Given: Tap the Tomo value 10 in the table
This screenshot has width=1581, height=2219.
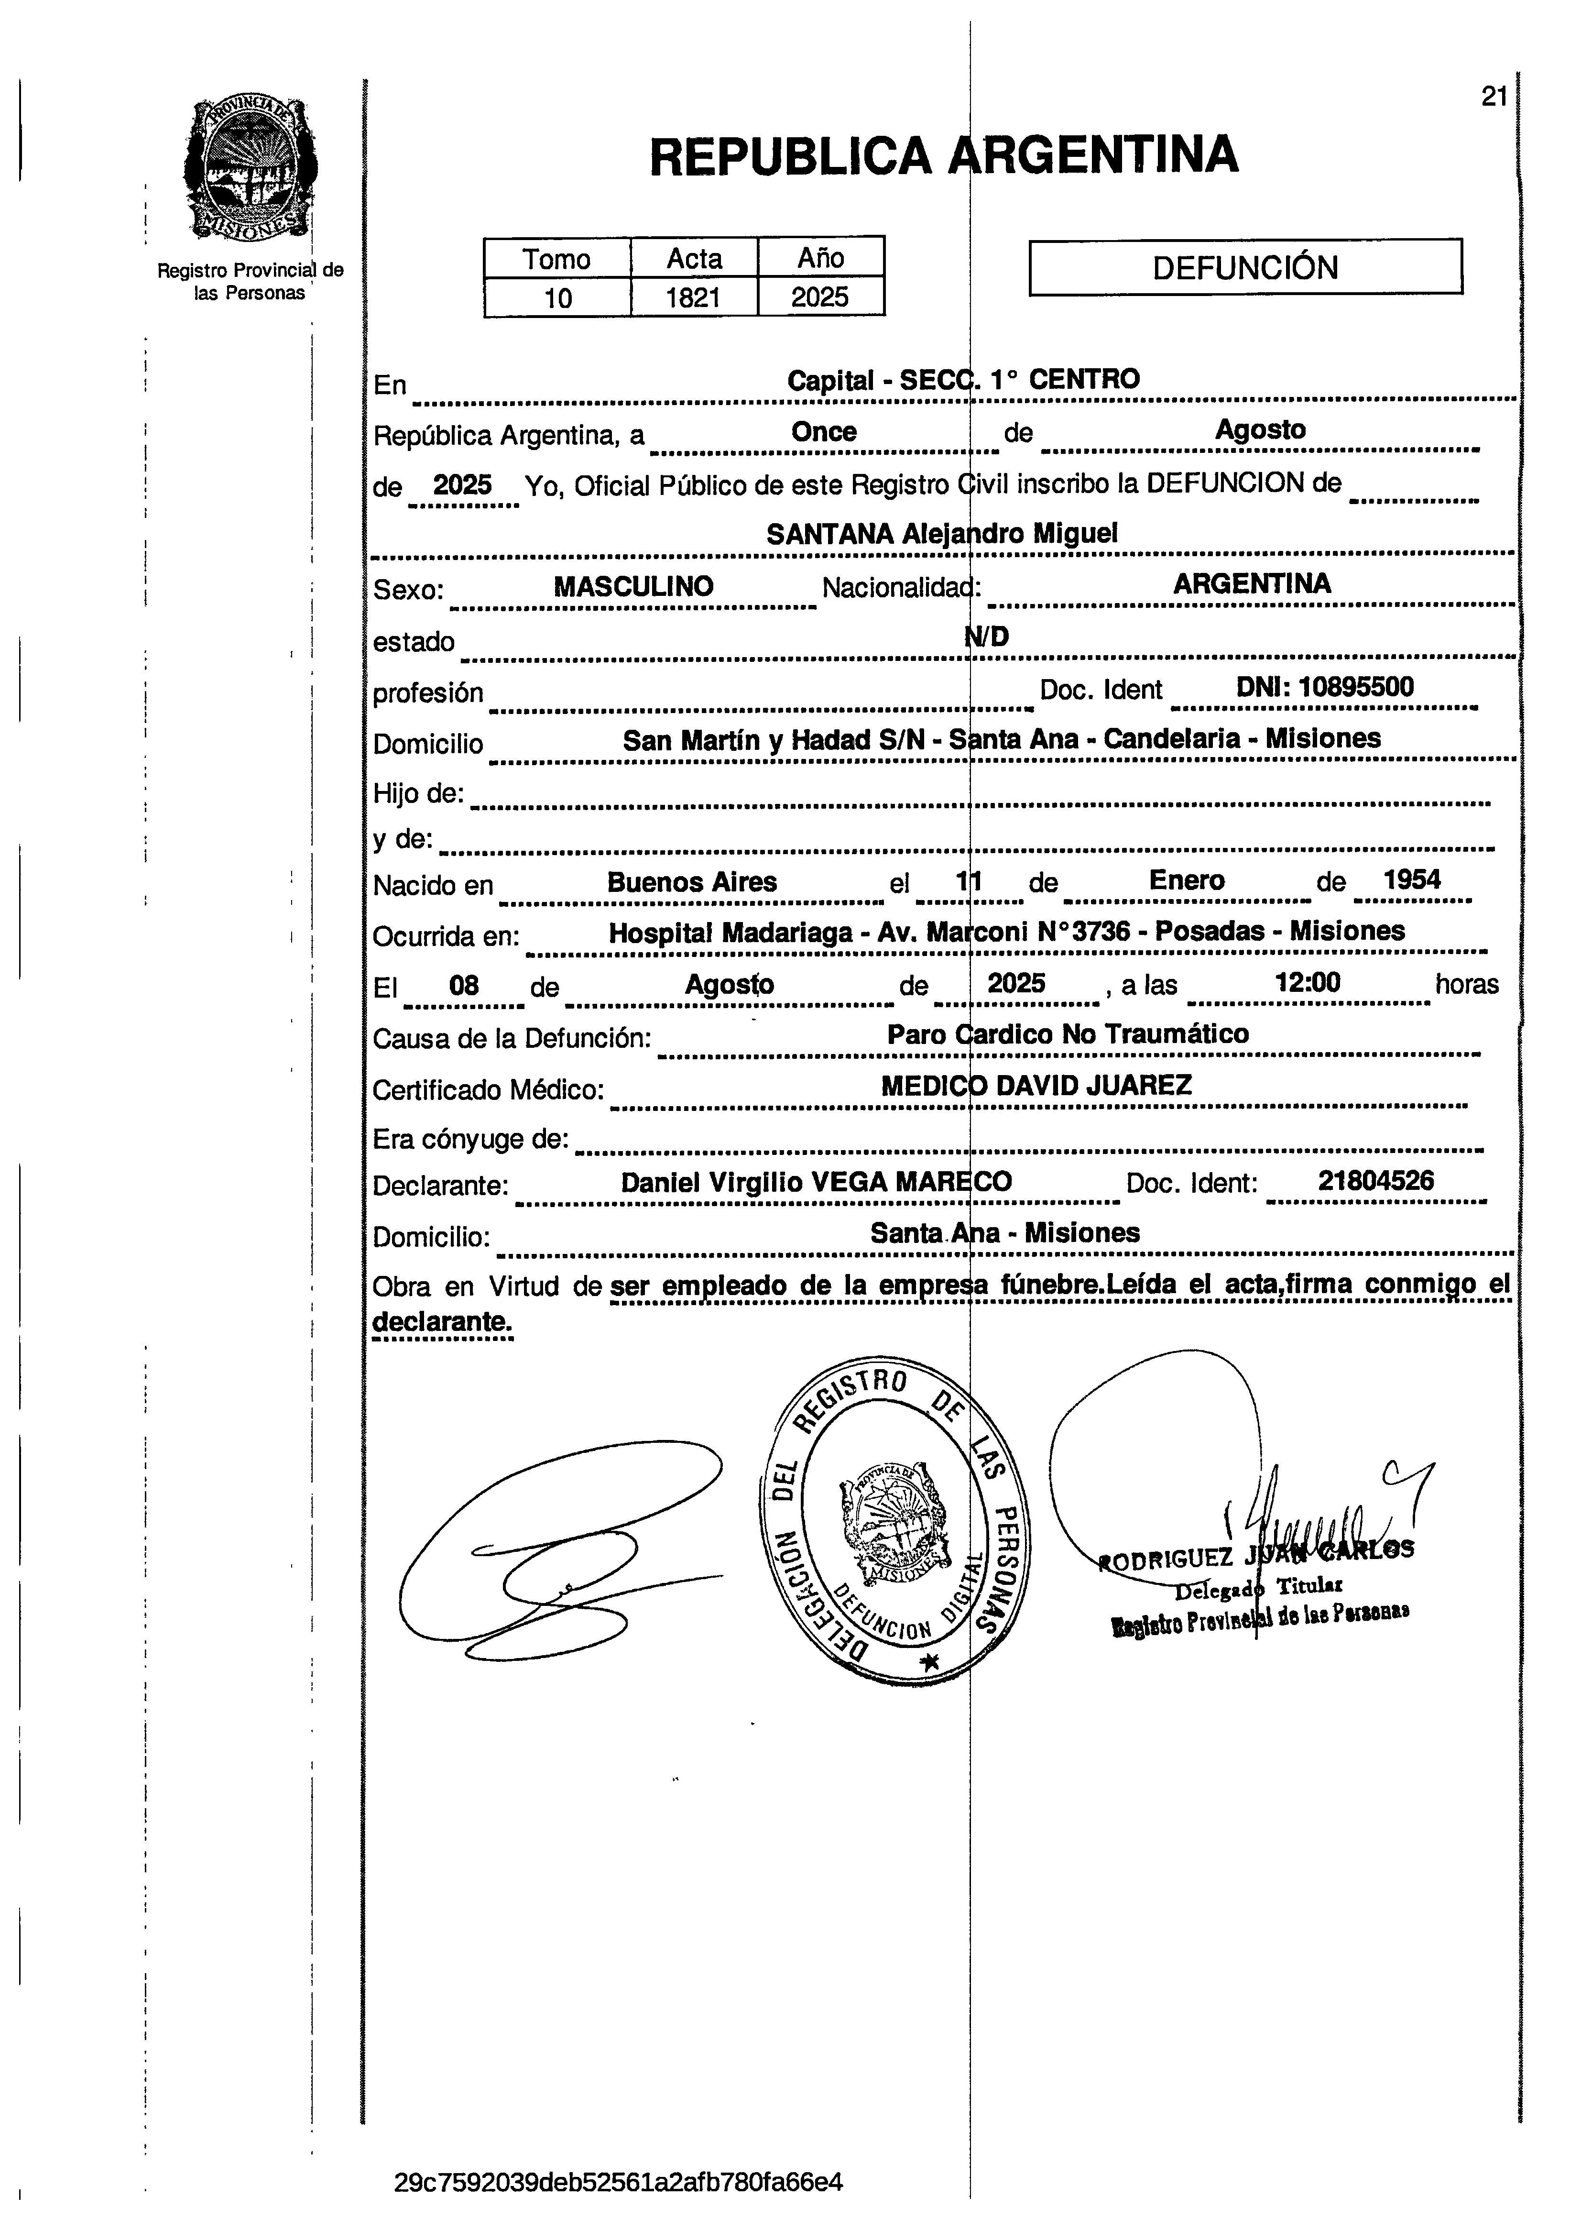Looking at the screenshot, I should [x=558, y=297].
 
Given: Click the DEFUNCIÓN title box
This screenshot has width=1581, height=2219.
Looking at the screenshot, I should [x=1245, y=267].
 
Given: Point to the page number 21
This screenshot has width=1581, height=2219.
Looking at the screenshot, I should [x=1494, y=97].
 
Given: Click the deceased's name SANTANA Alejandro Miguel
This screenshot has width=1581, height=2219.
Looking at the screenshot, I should [x=941, y=534].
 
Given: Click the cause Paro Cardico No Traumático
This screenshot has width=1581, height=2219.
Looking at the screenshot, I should [x=1067, y=1034].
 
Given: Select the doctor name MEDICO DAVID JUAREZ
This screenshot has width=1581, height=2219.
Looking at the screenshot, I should [x=1036, y=1086].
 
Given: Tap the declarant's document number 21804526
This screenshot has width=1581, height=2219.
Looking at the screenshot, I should [x=1375, y=1181].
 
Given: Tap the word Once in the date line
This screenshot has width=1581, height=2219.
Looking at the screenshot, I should [x=824, y=432].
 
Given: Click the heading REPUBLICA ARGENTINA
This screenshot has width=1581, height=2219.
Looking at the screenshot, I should [x=943, y=156].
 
